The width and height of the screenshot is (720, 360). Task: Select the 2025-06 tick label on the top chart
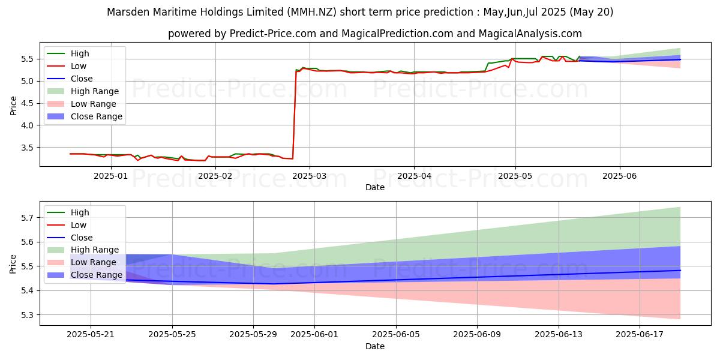click(x=619, y=176)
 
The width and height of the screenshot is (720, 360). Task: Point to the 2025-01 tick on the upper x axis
click(x=112, y=176)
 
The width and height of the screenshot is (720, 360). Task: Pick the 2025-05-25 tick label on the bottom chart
click(x=172, y=335)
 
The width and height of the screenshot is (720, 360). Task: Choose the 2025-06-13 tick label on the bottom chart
click(x=559, y=335)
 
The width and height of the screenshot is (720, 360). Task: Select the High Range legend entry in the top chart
click(x=95, y=91)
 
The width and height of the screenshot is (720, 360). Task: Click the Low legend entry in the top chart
click(x=79, y=66)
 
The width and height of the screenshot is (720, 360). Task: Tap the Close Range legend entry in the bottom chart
click(x=96, y=275)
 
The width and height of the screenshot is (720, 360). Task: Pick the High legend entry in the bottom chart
click(x=80, y=212)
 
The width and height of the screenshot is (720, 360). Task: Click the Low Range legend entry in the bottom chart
click(x=94, y=262)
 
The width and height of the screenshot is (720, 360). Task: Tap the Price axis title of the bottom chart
click(x=13, y=263)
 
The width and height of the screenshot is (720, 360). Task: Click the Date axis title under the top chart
click(x=375, y=187)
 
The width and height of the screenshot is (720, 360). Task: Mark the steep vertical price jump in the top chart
click(x=294, y=114)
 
